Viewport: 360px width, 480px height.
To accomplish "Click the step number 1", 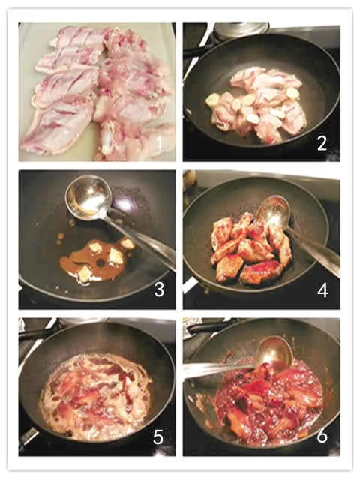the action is click(158, 144).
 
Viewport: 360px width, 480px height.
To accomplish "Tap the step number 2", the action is click(322, 143).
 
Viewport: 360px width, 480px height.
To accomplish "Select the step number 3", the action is click(159, 289).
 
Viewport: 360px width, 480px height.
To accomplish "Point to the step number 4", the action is click(322, 289).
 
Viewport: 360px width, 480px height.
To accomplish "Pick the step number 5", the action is click(158, 436).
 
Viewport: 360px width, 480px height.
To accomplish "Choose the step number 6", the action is click(322, 435).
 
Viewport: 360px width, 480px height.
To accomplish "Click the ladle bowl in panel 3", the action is click(88, 197).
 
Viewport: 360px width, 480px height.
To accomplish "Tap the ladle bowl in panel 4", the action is click(273, 211).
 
